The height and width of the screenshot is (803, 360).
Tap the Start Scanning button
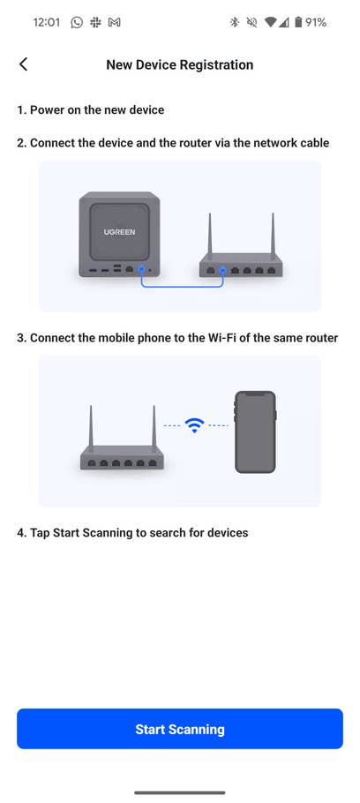coord(180,729)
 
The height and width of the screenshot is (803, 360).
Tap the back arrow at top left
coord(24,64)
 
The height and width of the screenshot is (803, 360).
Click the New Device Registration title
coord(180,64)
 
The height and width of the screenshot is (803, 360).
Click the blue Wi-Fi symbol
coord(194,424)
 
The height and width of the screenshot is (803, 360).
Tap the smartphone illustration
coord(255,432)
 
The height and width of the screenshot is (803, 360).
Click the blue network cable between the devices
coord(181,286)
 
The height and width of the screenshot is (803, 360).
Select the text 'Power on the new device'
coord(97,110)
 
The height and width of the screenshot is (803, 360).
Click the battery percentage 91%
coord(316,22)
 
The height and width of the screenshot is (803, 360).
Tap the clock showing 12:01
coord(46,22)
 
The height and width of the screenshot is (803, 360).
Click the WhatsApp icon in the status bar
coord(77,22)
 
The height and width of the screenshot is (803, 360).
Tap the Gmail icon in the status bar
coord(114,22)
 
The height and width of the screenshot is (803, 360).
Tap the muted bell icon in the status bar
coord(252,22)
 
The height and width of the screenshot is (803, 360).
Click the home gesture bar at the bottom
coord(180,792)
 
